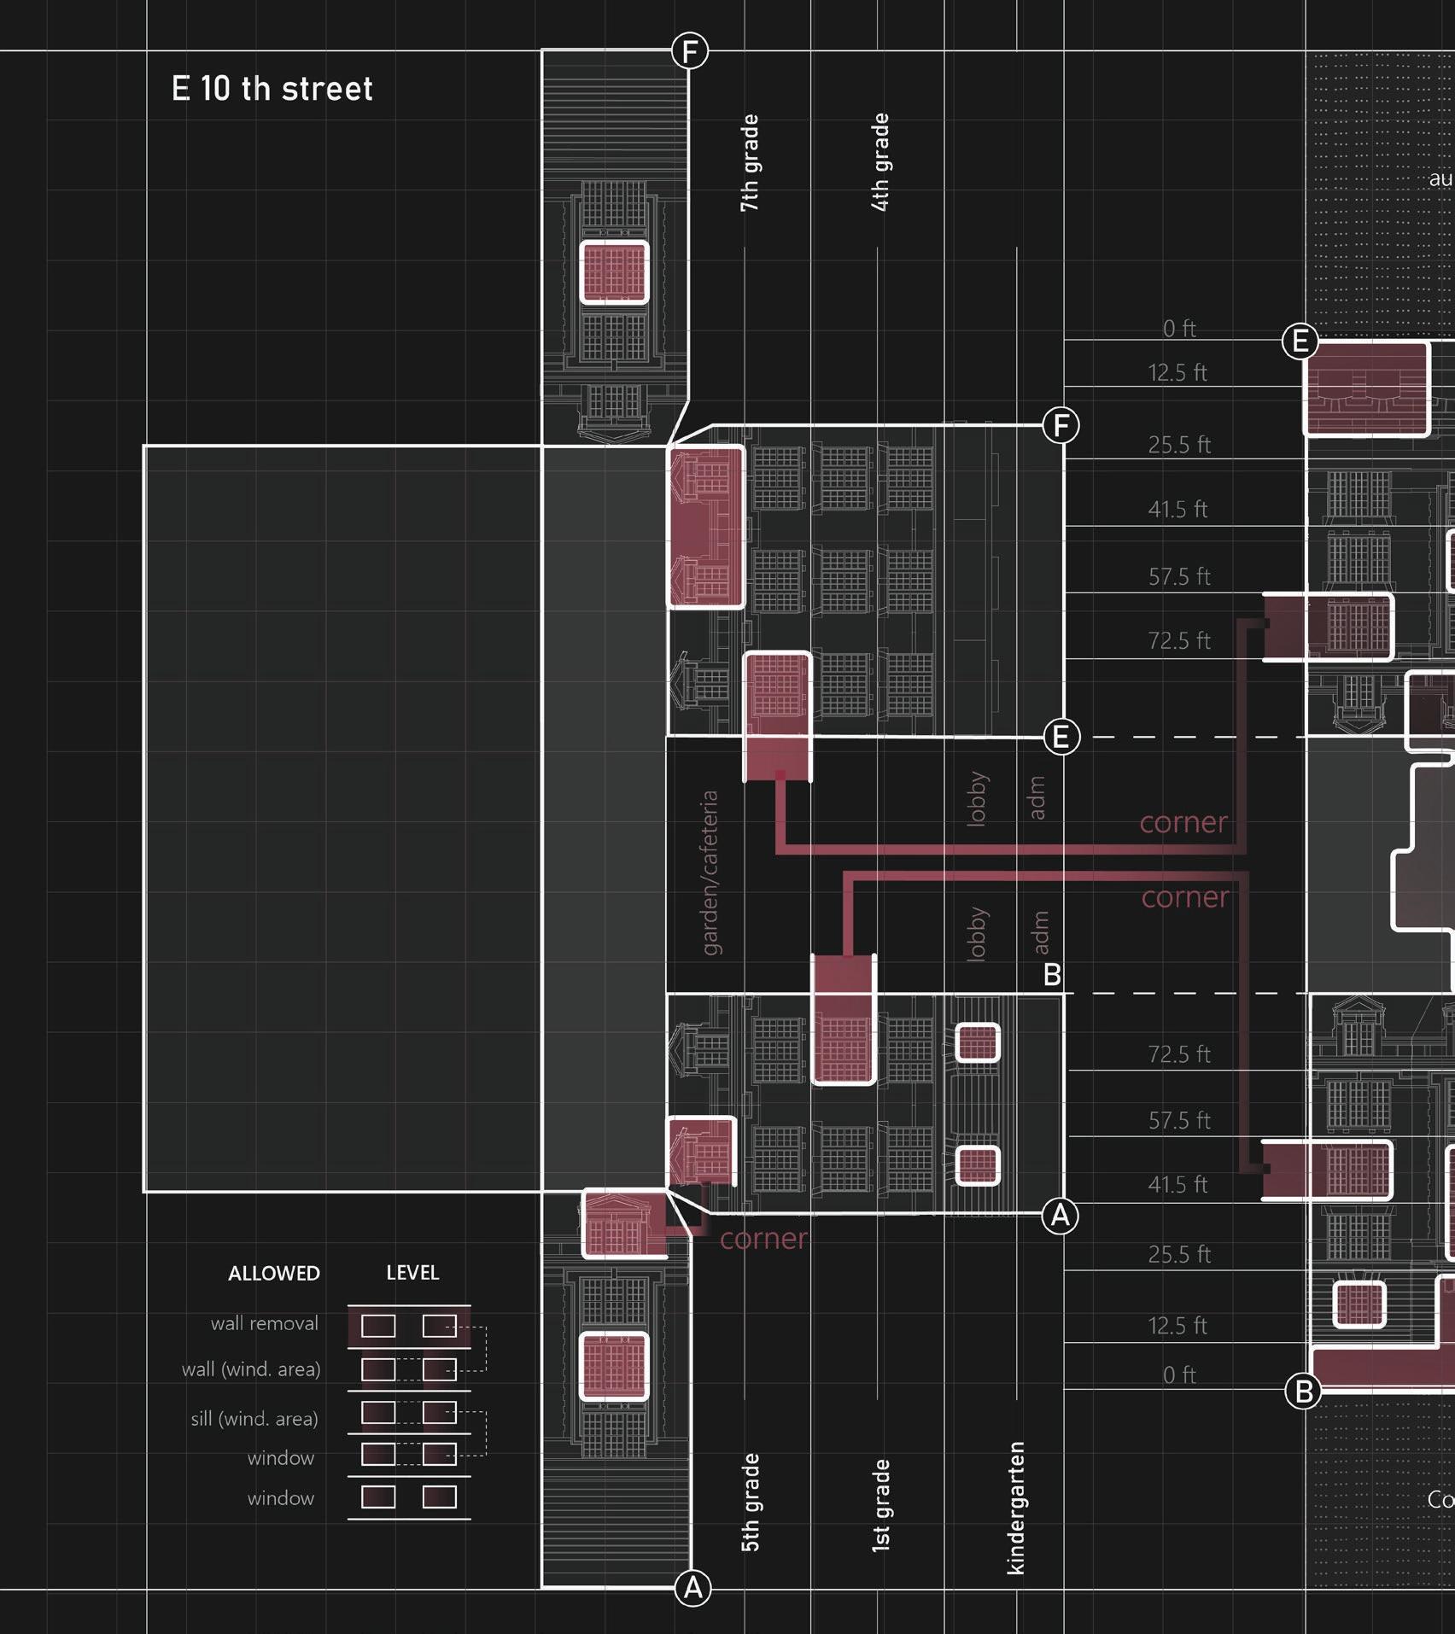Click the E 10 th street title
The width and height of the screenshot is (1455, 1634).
pos(272,89)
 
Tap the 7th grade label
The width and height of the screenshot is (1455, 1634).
pos(749,163)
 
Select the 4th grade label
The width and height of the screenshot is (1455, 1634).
pos(880,162)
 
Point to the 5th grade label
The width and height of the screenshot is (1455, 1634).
pos(750,1502)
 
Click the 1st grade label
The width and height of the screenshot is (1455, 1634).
pos(880,1504)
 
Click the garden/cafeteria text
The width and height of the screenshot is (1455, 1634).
pos(710,872)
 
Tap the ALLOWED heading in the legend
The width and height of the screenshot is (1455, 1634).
pos(274,1273)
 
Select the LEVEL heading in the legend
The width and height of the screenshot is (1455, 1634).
pos(412,1272)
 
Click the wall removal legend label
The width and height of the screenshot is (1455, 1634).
pos(265,1323)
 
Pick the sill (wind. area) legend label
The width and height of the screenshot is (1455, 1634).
pos(254,1419)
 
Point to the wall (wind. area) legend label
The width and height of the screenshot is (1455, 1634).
pos(251,1369)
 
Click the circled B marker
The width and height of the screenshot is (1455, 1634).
pos(1303,1392)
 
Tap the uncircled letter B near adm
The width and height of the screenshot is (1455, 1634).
pos(1052,974)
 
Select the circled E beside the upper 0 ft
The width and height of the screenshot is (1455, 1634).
pos(1300,341)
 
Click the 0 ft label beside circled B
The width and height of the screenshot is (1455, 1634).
pos(1179,1374)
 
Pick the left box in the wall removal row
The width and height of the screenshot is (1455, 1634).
pos(378,1326)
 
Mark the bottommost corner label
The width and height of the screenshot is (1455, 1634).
pos(763,1239)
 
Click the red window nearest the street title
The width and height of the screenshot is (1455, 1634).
pos(614,272)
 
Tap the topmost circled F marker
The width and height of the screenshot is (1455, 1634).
pos(689,51)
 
